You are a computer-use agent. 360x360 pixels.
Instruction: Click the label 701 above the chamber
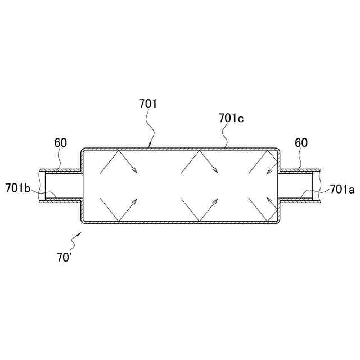click(x=147, y=104)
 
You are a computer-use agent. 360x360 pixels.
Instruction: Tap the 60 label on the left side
click(x=60, y=143)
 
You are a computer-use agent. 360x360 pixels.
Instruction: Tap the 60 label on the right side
click(x=301, y=143)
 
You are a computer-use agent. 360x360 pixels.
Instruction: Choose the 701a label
click(x=342, y=190)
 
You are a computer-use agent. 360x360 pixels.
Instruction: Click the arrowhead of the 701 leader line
click(x=150, y=146)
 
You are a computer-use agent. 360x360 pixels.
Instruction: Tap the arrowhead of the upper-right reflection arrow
click(x=269, y=172)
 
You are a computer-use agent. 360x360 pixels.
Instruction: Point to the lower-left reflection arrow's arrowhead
click(x=137, y=198)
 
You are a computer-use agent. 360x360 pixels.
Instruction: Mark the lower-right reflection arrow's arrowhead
click(x=269, y=198)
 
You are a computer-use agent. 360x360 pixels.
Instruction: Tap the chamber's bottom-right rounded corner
click(x=277, y=219)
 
